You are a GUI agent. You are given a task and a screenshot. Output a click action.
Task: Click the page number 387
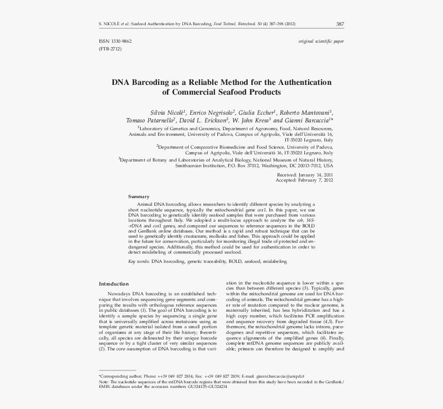coord(340,24)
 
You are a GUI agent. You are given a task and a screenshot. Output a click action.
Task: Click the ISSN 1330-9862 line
coord(115,41)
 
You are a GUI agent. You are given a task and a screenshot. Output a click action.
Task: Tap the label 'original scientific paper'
coord(321,41)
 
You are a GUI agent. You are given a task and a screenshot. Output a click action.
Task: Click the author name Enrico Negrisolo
coord(212,112)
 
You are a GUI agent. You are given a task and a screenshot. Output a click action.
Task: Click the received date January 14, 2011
coord(315,175)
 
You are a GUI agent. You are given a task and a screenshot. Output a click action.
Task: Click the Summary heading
coord(139,197)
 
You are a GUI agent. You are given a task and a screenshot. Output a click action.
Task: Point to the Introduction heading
coord(114,284)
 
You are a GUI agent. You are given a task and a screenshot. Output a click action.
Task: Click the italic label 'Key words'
coord(139,262)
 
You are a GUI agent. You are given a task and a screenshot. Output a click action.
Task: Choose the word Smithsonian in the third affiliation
coord(191,166)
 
